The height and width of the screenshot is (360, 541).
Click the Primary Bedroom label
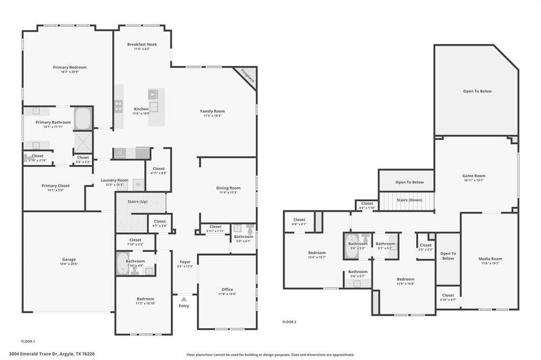point(70,67)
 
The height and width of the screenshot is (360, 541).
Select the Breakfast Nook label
point(142,45)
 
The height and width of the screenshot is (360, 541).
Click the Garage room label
point(68,260)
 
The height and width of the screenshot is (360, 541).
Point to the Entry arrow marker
point(184,298)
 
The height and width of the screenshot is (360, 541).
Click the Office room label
point(227,289)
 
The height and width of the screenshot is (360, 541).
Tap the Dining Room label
point(228,188)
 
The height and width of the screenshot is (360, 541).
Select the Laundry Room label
point(114,180)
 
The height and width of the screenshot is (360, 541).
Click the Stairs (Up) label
point(138,202)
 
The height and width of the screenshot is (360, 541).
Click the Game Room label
point(473,176)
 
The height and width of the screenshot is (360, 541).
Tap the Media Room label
point(490,259)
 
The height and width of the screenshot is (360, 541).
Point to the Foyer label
point(186,262)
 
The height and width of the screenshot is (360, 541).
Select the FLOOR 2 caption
point(289,322)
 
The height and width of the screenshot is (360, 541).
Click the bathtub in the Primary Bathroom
point(83,118)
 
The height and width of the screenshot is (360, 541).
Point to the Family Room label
point(212,111)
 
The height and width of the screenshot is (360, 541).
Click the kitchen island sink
point(154,107)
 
